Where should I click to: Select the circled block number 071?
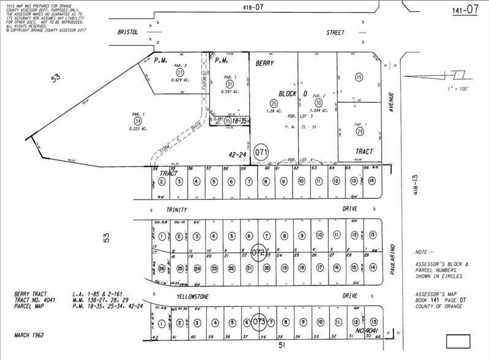[262, 150]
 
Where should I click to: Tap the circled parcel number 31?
[229, 84]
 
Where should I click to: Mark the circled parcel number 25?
[273, 103]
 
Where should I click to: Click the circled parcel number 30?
[318, 103]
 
